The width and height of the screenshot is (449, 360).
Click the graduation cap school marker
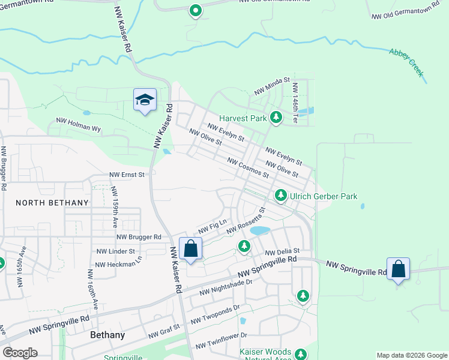pyautogui.click(x=145, y=100)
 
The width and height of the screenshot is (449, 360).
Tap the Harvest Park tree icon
pyautogui.click(x=276, y=118)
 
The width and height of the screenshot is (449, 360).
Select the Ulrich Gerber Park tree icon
pyautogui.click(x=280, y=196)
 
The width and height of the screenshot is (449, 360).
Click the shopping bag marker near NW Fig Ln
pyautogui.click(x=190, y=248)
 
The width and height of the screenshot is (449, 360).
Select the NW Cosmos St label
pyautogui.click(x=247, y=167)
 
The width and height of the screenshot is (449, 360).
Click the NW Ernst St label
pyautogui.click(x=127, y=175)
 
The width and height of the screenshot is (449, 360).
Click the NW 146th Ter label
pyautogui.click(x=295, y=103)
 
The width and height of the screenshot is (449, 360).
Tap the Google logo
pyautogui.click(x=20, y=353)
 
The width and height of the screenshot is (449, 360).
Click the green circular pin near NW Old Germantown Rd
pyautogui.click(x=195, y=10)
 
